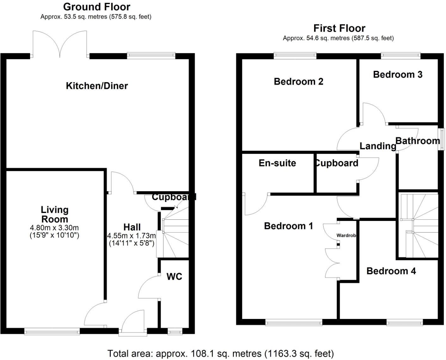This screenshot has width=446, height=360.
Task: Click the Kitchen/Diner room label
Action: [x=97, y=86]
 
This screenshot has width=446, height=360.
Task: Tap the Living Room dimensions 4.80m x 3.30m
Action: [x=54, y=227]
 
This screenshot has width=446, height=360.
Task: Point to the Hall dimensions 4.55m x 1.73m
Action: [x=132, y=236]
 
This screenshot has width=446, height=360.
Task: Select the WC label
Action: [x=174, y=277]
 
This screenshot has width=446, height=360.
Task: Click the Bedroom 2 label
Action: [x=298, y=82]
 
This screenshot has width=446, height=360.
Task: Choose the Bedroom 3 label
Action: [x=398, y=75]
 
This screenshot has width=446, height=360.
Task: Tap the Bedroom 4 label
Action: [x=391, y=271]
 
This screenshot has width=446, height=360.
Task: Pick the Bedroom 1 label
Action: [x=288, y=226]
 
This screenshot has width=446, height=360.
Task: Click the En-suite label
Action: [x=277, y=163]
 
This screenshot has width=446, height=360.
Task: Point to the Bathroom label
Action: [x=418, y=141]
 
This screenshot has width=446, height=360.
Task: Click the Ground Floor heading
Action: [x=97, y=7]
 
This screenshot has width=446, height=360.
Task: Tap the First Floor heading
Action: [x=339, y=28]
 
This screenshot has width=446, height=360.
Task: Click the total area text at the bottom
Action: [x=220, y=354]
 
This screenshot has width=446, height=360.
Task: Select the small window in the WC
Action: [x=175, y=332]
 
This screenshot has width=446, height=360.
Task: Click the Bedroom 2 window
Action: [x=295, y=55]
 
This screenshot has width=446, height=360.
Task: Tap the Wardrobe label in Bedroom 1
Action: [x=346, y=235]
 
